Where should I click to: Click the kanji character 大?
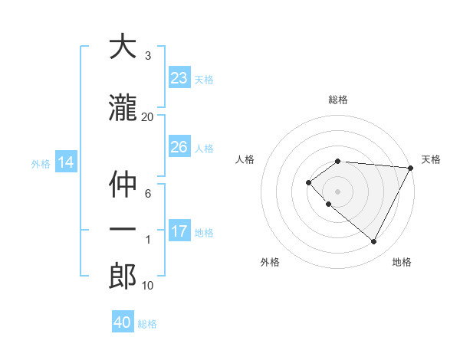(x=123, y=47)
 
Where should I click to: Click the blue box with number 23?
(x=179, y=78)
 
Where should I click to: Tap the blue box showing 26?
(x=179, y=147)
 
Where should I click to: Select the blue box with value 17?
(x=179, y=231)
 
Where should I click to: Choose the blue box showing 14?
(x=65, y=162)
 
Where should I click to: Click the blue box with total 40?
(x=123, y=322)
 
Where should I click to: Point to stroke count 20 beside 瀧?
(x=148, y=116)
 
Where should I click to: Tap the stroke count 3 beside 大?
(x=148, y=56)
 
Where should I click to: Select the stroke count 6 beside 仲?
(x=148, y=194)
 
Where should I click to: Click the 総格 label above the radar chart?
(x=338, y=100)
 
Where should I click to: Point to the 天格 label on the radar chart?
(x=431, y=159)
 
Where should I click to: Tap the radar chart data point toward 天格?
(x=412, y=167)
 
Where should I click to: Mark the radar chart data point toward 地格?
(x=374, y=241)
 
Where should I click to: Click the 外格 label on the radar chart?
(x=270, y=262)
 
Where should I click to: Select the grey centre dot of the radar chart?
(x=338, y=191)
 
